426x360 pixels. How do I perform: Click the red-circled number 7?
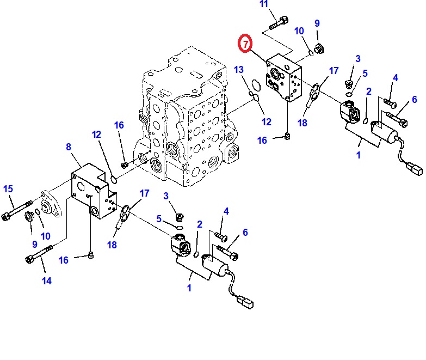[246, 43]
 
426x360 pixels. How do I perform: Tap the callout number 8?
[69, 147]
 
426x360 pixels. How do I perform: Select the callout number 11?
[264, 5]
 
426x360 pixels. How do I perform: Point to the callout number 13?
[239, 69]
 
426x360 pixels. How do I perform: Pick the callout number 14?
[46, 281]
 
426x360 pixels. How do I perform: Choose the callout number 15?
[8, 189]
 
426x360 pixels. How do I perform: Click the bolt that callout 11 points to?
[279, 23]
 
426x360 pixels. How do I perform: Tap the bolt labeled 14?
[38, 254]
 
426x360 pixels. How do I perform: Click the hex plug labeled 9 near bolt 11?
[320, 48]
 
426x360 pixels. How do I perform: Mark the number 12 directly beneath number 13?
[266, 122]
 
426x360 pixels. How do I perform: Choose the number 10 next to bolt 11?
[299, 31]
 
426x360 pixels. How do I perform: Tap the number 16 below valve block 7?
[262, 141]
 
